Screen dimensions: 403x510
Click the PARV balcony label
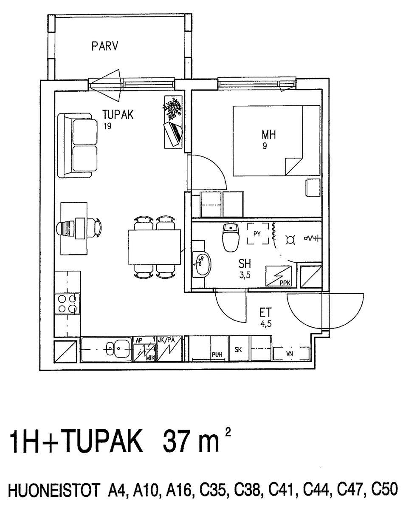tap(104, 46)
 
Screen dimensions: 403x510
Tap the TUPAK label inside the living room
tap(118, 114)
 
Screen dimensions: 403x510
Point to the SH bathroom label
tap(245, 264)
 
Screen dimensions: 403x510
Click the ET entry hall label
tap(265, 313)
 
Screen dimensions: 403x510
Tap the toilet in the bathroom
tap(231, 237)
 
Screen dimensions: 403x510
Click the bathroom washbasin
tap(201, 264)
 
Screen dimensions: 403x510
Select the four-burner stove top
tap(67, 304)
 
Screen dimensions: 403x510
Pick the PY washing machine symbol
tap(258, 234)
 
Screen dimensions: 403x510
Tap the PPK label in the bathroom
tap(285, 283)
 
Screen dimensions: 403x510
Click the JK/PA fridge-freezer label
tap(166, 340)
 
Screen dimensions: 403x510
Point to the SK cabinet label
tap(238, 350)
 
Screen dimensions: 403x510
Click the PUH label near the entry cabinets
tap(217, 355)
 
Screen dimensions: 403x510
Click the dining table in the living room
tap(155, 247)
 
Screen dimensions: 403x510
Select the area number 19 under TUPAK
tap(107, 126)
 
